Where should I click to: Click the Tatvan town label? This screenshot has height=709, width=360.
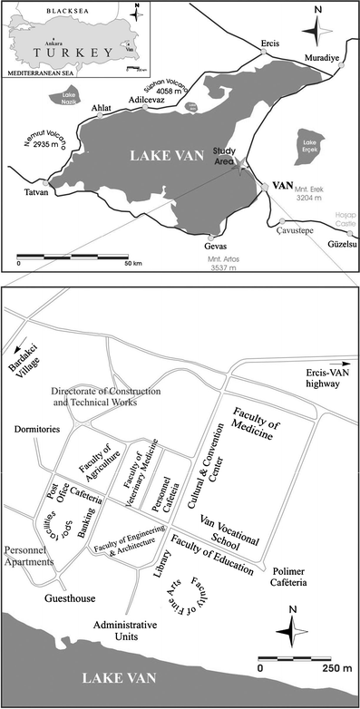click(31, 193)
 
